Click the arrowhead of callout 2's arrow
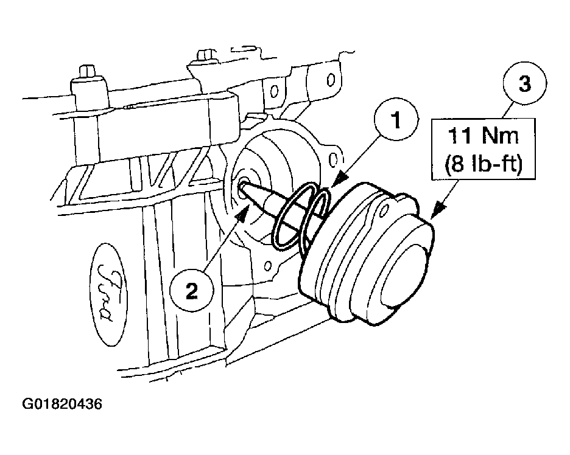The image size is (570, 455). tap(246, 210)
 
